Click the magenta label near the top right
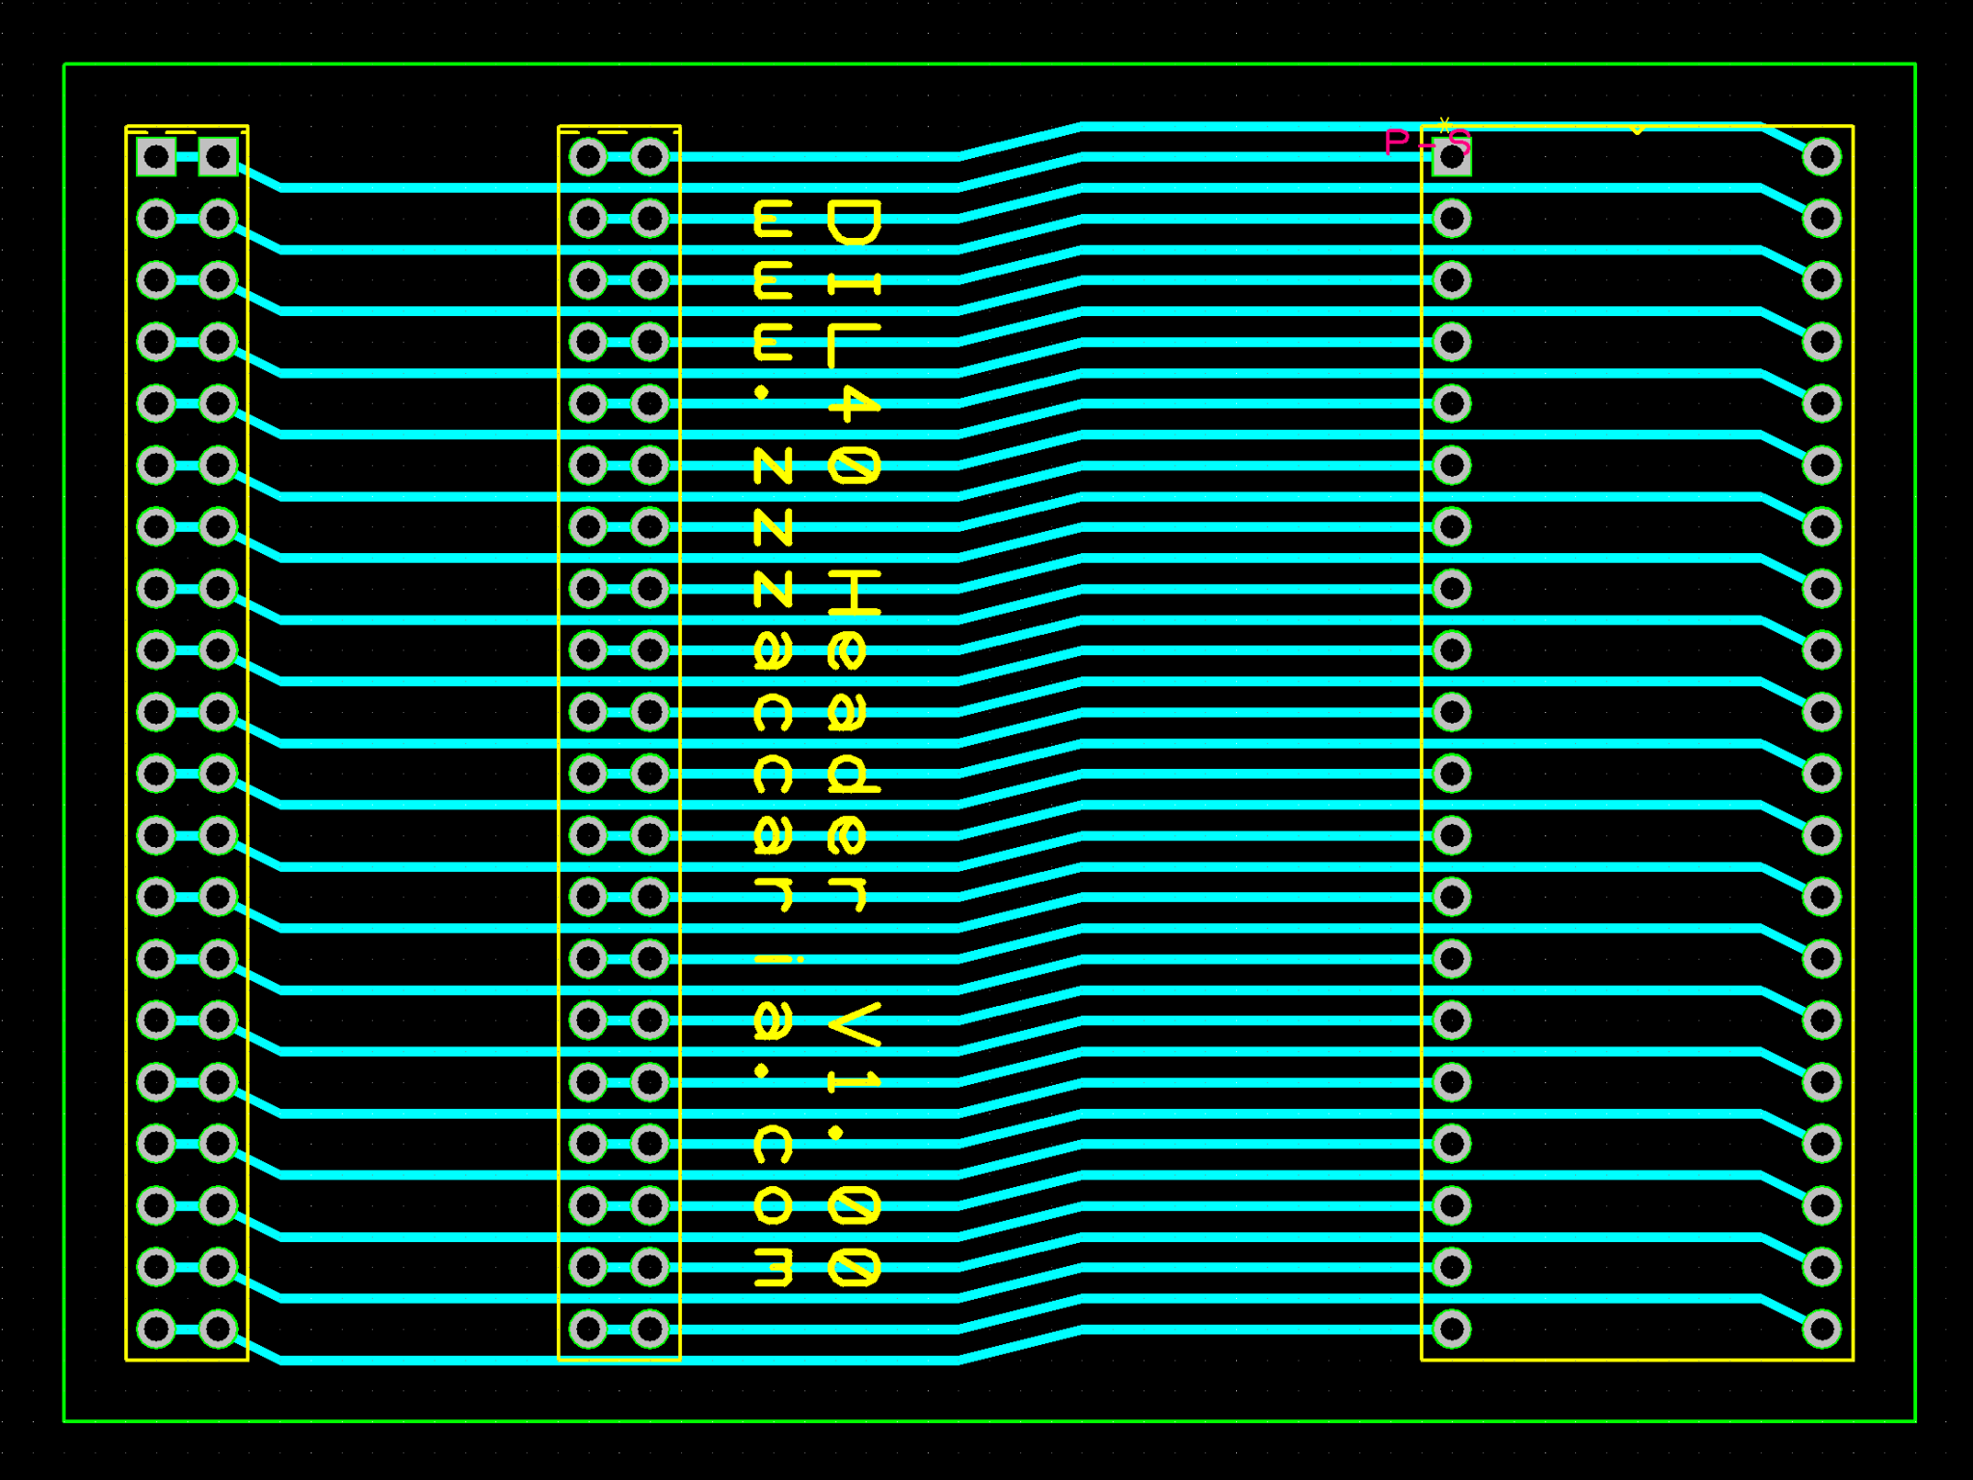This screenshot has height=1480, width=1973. point(1426,143)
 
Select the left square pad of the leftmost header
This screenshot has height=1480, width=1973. point(156,156)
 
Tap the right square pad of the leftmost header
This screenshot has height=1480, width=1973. point(218,156)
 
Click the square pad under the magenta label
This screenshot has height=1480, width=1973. point(1451,158)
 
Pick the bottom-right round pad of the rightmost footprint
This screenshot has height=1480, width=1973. point(1821,1329)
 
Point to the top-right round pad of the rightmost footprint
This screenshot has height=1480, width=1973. point(1821,156)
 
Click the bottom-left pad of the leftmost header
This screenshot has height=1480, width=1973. point(156,1329)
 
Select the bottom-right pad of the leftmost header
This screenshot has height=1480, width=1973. point(218,1329)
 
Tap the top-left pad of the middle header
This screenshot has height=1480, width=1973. point(588,156)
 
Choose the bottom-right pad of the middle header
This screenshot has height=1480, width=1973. point(649,1329)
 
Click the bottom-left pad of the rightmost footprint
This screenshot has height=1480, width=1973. point(1451,1329)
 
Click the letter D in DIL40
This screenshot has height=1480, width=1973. point(854,222)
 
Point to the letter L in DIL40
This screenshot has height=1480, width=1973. point(854,345)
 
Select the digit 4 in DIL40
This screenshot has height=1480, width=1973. point(854,406)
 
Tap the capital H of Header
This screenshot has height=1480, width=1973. point(854,592)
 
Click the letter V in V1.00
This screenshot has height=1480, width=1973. point(854,1023)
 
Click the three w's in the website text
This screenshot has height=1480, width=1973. point(773,281)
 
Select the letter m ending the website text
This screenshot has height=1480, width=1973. point(773,1267)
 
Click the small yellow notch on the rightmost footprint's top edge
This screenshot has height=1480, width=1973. point(1637,130)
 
